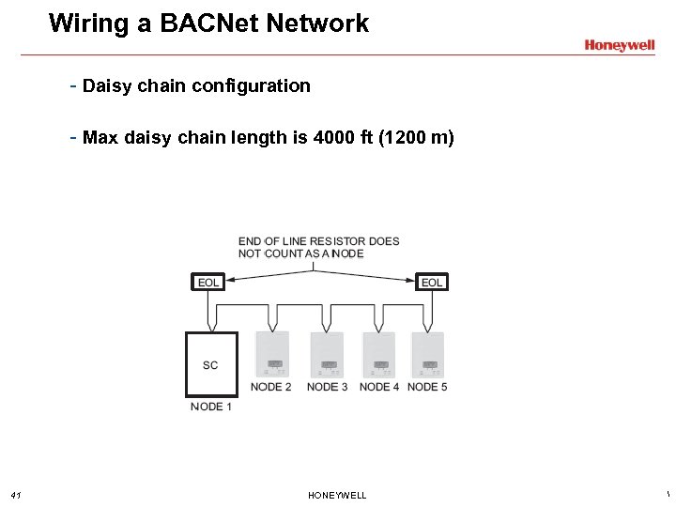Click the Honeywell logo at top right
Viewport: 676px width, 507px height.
[619, 45]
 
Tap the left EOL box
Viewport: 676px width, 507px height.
[208, 283]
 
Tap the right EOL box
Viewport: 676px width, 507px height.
[432, 283]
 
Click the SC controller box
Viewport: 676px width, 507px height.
[210, 364]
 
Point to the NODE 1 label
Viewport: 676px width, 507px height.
[210, 407]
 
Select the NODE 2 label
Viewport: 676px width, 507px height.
[270, 387]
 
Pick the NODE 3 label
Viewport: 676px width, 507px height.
[327, 387]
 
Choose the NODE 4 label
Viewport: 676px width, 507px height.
[379, 387]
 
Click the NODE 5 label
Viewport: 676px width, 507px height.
[427, 387]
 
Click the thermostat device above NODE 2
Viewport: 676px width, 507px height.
[273, 354]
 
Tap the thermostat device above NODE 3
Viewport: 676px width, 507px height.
[328, 354]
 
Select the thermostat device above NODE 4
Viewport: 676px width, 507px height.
[380, 354]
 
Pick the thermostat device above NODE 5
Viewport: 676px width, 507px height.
[429, 354]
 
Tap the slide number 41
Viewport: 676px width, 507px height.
[16, 495]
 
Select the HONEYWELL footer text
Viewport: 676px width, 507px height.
[337, 495]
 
